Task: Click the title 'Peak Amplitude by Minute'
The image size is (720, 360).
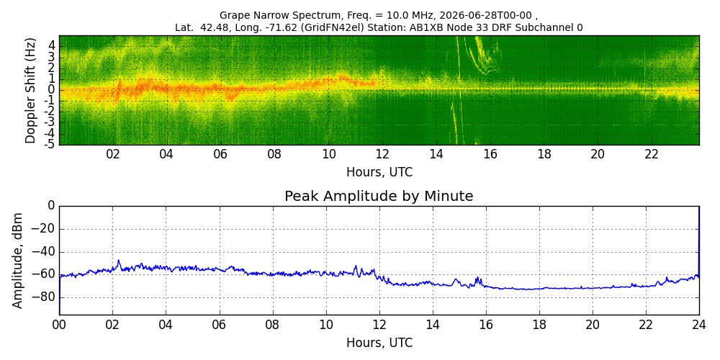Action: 379,196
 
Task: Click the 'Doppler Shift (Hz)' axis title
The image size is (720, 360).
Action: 30,91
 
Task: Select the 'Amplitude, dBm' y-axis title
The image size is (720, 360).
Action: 17,261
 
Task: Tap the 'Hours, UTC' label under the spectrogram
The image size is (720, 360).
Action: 379,172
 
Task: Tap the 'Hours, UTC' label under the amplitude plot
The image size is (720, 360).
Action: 379,343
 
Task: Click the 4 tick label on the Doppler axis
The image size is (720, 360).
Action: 52,45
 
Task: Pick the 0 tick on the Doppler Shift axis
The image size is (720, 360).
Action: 52,89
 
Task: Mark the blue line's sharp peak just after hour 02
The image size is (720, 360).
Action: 119,261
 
